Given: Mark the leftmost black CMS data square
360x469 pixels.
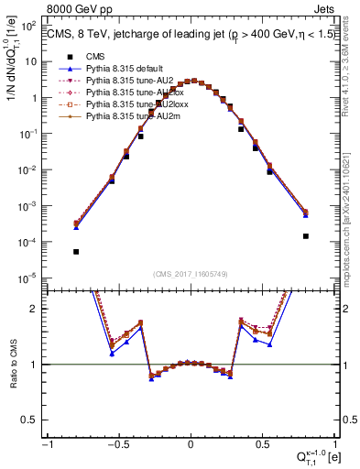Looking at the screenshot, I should tap(76, 252).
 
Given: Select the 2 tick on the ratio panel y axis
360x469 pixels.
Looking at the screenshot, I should tap(38, 310).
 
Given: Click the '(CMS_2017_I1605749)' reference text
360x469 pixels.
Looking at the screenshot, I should tap(191, 273).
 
